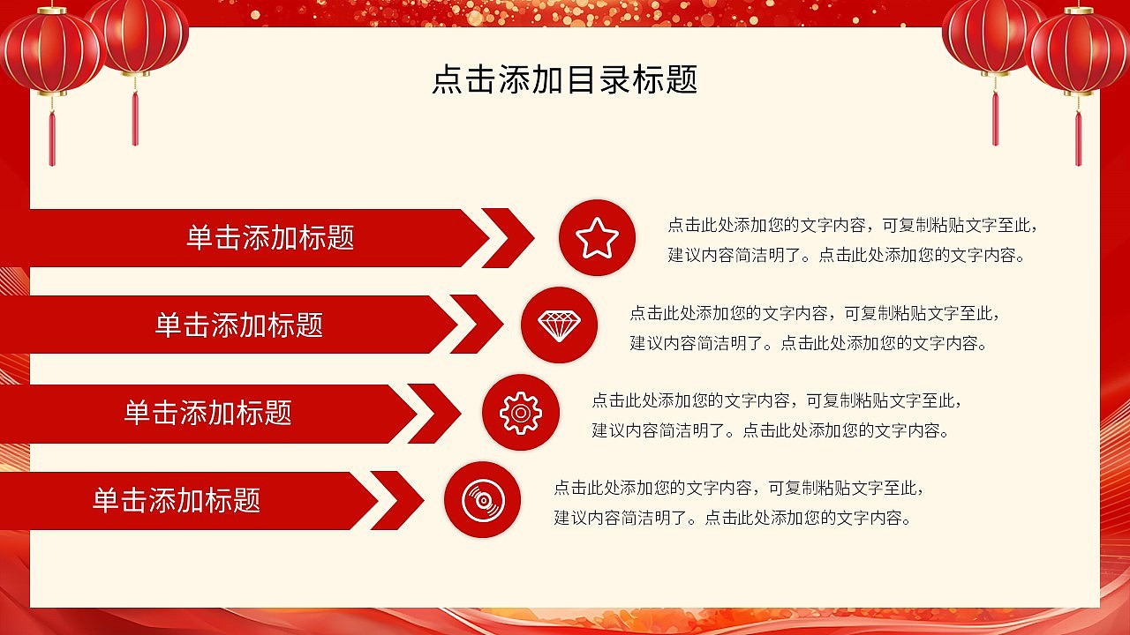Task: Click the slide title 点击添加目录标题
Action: point(564,78)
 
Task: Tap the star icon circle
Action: point(597,237)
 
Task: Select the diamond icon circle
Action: point(559,325)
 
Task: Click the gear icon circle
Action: point(520,412)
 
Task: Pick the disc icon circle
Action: point(482,500)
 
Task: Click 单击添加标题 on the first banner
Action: point(270,237)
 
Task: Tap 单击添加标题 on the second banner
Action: point(239,325)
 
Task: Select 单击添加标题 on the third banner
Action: point(207,412)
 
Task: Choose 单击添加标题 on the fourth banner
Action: point(177,500)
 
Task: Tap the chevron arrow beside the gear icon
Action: point(436,413)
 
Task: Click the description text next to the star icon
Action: point(852,240)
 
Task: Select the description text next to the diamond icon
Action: point(814,327)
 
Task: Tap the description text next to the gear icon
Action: point(776,415)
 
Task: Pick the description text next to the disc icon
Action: point(738,503)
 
